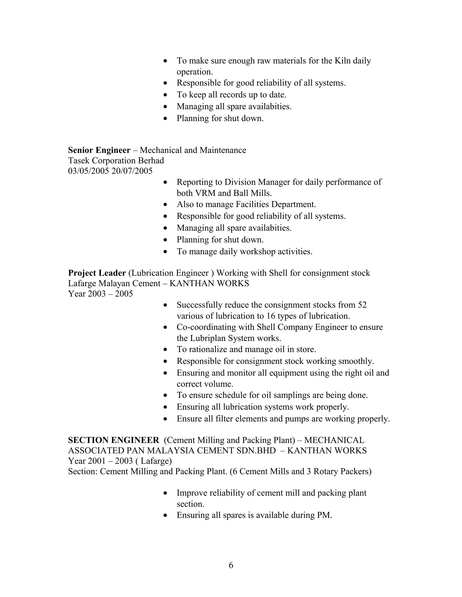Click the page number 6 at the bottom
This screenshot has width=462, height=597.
[x=231, y=565]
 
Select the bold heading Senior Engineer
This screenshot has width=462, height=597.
[x=99, y=150]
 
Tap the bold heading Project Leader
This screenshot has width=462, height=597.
[x=97, y=273]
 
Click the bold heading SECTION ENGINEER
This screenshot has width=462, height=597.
[x=113, y=440]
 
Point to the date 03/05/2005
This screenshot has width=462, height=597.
[x=88, y=171]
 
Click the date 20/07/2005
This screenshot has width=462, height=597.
[x=132, y=171]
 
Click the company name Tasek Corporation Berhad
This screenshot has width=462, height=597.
[x=116, y=160]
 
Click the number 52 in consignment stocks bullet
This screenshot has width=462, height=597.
[x=362, y=305]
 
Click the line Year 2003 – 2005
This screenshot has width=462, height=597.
[x=100, y=294]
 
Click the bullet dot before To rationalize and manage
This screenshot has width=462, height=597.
[x=165, y=349]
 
